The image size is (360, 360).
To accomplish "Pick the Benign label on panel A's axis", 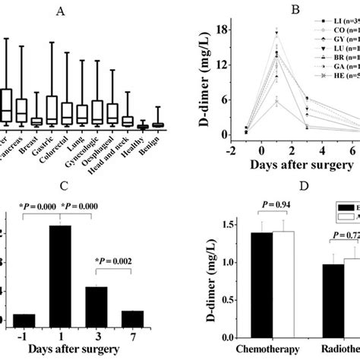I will click(158, 141).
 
